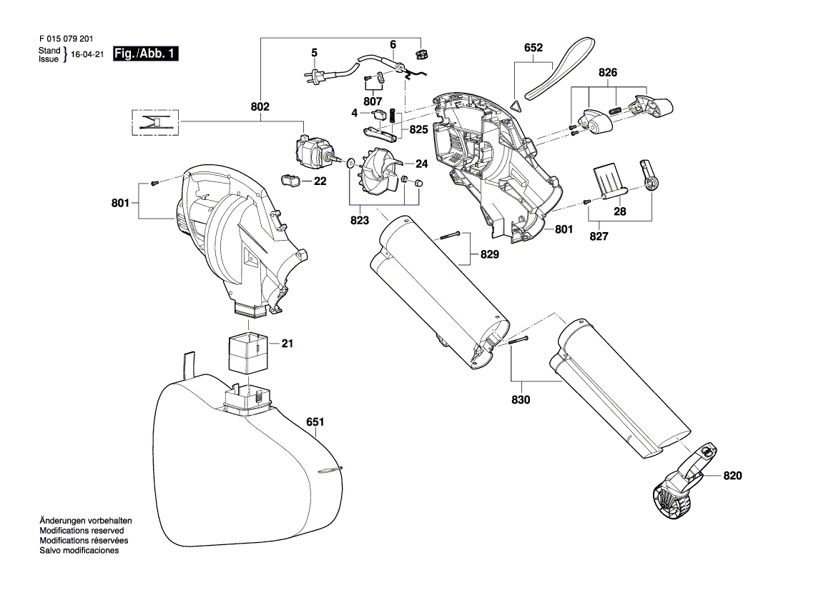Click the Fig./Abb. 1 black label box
coord(146,54)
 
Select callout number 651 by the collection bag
coord(315,421)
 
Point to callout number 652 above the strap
coord(533,47)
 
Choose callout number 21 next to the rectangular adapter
coord(287,344)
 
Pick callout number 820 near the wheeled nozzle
coord(732,476)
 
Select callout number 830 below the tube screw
coord(521,399)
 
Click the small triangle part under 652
coord(516,105)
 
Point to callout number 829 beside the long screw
coord(489,254)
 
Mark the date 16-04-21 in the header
coord(87,54)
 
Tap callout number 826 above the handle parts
coord(608,72)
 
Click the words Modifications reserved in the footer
coord(82,531)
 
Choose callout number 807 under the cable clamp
coord(373,101)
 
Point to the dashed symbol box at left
coord(155,122)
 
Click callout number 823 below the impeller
coord(359,221)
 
